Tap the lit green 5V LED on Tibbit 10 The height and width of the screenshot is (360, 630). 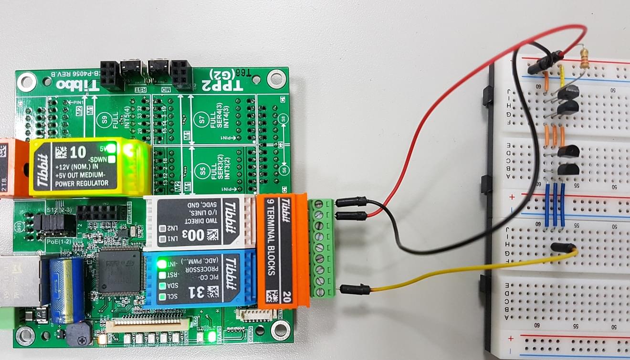pyautogui.click(x=112, y=148)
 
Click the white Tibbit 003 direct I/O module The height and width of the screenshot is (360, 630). pyautogui.click(x=200, y=222)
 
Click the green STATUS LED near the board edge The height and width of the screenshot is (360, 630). pyautogui.click(x=212, y=337)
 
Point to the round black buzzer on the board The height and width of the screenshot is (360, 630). pyautogui.click(x=78, y=335)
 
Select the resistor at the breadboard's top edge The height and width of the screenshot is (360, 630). pyautogui.click(x=583, y=57)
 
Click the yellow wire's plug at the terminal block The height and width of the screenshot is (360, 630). pyautogui.click(x=356, y=288)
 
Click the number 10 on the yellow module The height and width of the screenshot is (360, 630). pyautogui.click(x=77, y=152)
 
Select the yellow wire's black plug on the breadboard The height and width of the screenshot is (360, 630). pyautogui.click(x=562, y=248)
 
